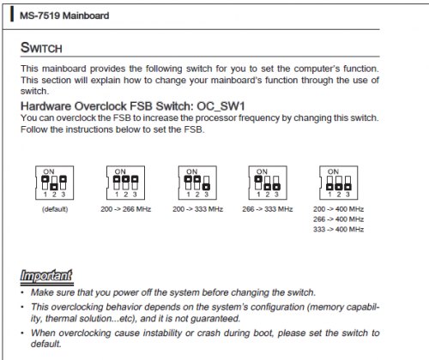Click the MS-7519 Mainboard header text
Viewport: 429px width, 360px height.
click(x=64, y=15)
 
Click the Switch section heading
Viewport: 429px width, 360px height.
click(x=41, y=47)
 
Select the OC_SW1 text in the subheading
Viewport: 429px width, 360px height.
click(x=221, y=106)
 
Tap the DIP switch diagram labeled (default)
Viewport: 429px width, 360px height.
click(x=54, y=183)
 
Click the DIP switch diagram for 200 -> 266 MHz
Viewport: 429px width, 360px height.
click(x=125, y=183)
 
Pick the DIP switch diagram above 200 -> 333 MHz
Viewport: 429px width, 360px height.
click(x=197, y=183)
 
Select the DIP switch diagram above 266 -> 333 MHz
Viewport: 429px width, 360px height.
click(x=268, y=183)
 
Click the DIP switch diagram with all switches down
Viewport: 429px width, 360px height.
click(x=339, y=183)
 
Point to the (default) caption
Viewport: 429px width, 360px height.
click(x=55, y=209)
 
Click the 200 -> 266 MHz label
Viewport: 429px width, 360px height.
click(x=126, y=209)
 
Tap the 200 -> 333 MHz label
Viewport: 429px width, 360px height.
click(x=197, y=209)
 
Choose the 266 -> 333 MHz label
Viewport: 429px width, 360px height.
click(x=268, y=209)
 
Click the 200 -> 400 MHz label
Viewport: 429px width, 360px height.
click(x=338, y=209)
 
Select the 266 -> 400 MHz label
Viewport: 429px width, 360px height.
click(x=338, y=219)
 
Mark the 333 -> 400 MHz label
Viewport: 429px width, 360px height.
click(x=338, y=229)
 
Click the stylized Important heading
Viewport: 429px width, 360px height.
click(x=46, y=275)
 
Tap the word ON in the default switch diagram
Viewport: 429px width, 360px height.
click(x=49, y=171)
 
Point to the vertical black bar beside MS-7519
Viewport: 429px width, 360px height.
click(x=12, y=15)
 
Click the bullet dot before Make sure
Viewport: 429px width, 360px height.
click(x=22, y=292)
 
